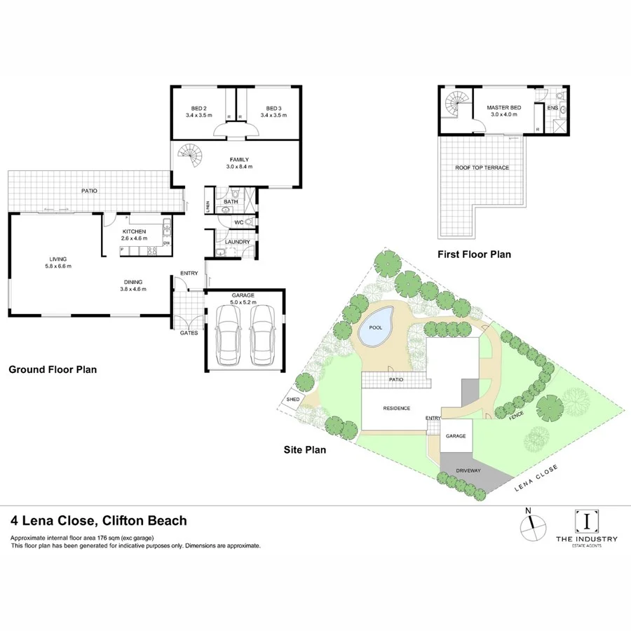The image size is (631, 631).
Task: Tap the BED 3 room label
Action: [x=273, y=109]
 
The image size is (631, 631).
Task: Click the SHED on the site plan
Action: [x=292, y=400]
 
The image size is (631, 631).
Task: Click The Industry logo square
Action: [x=586, y=521]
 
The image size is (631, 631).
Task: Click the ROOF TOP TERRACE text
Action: [x=482, y=168]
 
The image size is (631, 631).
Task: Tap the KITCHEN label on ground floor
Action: [x=134, y=231]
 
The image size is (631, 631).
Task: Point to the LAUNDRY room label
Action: [x=238, y=242]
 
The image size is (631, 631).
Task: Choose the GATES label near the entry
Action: [x=189, y=333]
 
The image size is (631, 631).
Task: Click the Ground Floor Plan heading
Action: [x=52, y=369]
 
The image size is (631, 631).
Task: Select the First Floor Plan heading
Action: [x=473, y=255]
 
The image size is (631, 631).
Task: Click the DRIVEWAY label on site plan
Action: [x=468, y=470]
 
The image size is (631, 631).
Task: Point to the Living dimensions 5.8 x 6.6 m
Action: [x=55, y=266]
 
